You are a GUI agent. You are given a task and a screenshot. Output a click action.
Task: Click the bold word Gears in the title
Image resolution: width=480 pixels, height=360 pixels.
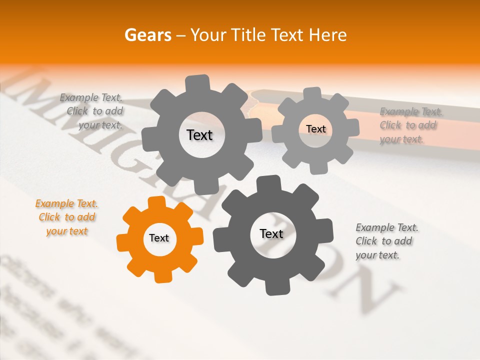click(147, 35)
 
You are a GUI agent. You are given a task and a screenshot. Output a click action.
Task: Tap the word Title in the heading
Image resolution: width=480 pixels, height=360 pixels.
click(250, 35)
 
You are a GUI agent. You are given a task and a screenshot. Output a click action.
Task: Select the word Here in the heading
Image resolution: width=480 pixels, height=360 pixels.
click(328, 35)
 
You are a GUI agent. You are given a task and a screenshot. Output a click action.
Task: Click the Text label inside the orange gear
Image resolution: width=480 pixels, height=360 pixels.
click(159, 238)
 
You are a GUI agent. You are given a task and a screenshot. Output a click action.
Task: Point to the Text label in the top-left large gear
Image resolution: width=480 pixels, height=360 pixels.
click(199, 135)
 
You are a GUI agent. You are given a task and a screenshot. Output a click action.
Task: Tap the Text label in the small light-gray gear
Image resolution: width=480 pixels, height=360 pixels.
click(315, 129)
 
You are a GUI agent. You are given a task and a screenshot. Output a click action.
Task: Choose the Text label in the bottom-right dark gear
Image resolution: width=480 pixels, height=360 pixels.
click(271, 233)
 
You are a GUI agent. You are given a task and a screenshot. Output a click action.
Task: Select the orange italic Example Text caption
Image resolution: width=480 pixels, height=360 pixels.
click(67, 217)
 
